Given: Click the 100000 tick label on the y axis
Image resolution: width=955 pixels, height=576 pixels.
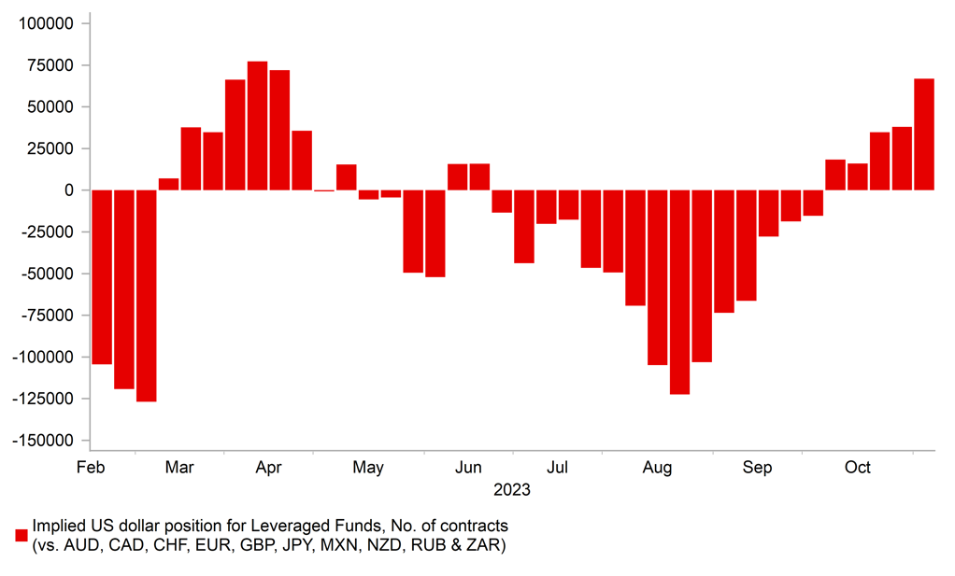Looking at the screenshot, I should coord(46,22).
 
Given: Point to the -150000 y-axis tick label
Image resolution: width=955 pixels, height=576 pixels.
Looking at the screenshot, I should coord(43,441).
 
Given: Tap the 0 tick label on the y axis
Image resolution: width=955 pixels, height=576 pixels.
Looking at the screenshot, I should coord(70,190).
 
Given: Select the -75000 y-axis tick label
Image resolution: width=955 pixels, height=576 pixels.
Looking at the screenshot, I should coord(47,316).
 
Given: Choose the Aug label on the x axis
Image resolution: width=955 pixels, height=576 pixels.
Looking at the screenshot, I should coord(658,468).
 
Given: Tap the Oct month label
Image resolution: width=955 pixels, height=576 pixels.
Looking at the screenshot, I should coord(857,468).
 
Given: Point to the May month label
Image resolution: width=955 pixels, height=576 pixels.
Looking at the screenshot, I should coord(368,468).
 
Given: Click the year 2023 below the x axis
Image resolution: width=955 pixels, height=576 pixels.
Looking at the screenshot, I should coord(512,490).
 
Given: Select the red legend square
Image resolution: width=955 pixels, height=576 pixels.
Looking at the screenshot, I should coord(21,535).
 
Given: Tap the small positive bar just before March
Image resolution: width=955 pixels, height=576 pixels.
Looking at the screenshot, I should coord(169,184).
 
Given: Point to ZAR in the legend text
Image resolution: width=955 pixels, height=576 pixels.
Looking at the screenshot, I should coord(490,545).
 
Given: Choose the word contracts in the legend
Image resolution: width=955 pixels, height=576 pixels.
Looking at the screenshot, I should coord(475,526).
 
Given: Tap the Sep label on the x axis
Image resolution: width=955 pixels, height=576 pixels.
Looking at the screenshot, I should coord(757,468).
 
